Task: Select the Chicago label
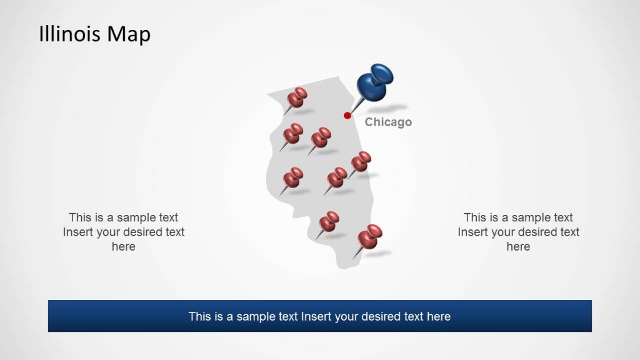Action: click(x=388, y=122)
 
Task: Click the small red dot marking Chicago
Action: click(x=347, y=115)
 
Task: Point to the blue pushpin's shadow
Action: click(x=394, y=107)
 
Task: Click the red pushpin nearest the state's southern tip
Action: click(x=370, y=237)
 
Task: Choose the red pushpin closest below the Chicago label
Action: click(x=361, y=162)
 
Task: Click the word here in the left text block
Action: click(x=123, y=246)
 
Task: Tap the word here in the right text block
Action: click(x=518, y=246)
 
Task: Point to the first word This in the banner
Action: click(x=199, y=316)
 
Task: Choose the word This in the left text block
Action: click(x=80, y=217)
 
